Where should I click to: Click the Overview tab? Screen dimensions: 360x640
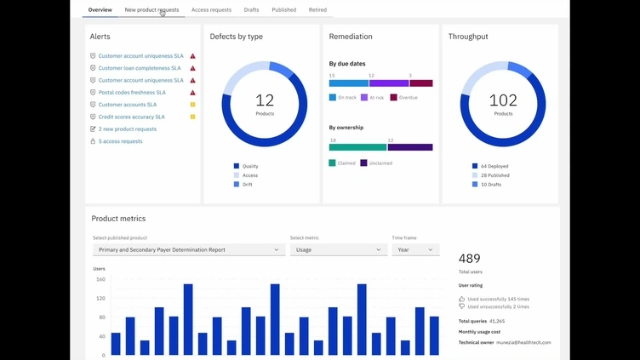pos(100,10)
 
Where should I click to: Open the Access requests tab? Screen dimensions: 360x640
pos(211,10)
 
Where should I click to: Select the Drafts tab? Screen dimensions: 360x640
pos(251,10)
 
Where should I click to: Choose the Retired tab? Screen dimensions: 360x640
pos(317,10)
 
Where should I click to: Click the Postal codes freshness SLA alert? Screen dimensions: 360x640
pos(131,93)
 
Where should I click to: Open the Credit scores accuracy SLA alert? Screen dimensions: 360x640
pos(131,117)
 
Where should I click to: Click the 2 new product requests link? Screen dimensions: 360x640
pos(127,129)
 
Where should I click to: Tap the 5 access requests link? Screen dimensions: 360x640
pos(120,141)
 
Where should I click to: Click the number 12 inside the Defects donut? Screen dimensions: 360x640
pos(265,100)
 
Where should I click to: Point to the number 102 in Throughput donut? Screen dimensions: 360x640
pos(503,100)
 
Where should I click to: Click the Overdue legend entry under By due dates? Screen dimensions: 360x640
pos(408,98)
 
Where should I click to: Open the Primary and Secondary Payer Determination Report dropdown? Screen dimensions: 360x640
pos(189,250)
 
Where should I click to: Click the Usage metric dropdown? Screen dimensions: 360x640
pos(339,250)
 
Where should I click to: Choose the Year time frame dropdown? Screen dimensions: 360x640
pos(415,250)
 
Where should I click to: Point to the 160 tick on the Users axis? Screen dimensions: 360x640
pos(100,279)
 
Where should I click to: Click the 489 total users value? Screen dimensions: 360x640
pos(470,259)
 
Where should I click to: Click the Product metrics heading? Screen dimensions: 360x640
pos(118,219)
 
